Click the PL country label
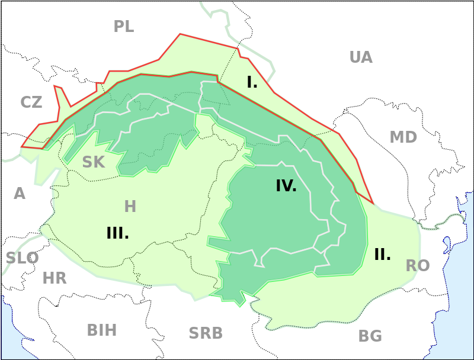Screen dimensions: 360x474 [124, 26]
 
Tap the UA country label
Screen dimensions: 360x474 [361, 57]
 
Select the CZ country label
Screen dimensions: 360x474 [31, 102]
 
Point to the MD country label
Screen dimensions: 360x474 [403, 137]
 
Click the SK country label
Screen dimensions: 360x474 [94, 162]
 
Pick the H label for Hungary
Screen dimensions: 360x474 [130, 207]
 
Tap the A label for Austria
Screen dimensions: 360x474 [20, 194]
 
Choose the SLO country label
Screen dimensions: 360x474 [23, 258]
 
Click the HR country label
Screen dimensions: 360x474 [55, 278]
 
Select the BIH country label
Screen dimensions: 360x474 [102, 330]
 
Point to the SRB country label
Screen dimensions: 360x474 [206, 333]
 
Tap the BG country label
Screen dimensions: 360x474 [370, 336]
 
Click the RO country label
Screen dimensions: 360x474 [418, 266]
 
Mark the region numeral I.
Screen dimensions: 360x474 [252, 82]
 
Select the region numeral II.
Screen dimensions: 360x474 [382, 255]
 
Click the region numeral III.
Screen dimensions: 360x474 [117, 233]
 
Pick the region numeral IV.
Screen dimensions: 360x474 [286, 186]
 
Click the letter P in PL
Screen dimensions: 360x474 [119, 26]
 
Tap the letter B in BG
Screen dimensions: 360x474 [364, 336]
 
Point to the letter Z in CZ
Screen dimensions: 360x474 [37, 102]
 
